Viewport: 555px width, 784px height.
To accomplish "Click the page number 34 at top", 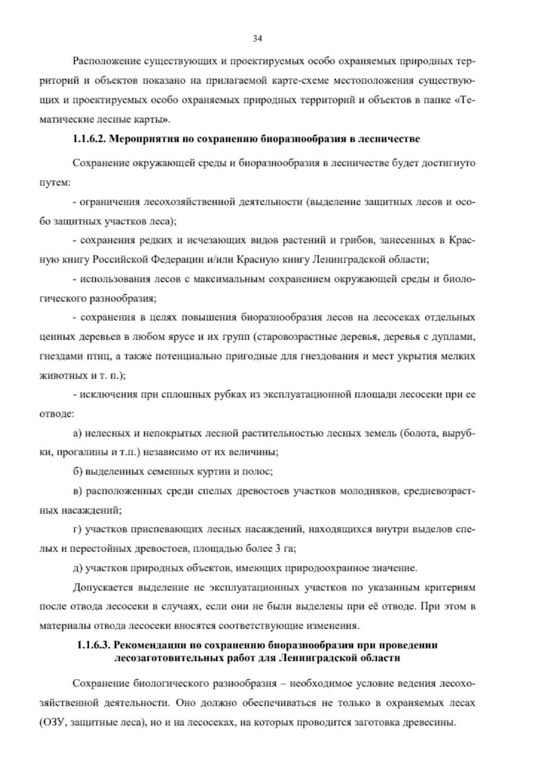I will (x=258, y=39).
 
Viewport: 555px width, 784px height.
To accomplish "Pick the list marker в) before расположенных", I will (x=77, y=491).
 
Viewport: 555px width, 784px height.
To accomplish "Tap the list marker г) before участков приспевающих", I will (x=77, y=530).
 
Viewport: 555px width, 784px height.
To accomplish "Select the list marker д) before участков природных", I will (x=77, y=568).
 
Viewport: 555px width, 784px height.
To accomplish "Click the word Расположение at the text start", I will (x=104, y=61).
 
